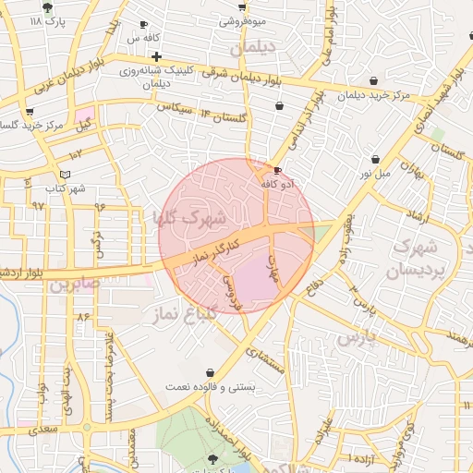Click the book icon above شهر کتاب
(x=64, y=174)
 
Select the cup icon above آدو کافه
(x=278, y=170)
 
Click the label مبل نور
(x=375, y=173)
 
